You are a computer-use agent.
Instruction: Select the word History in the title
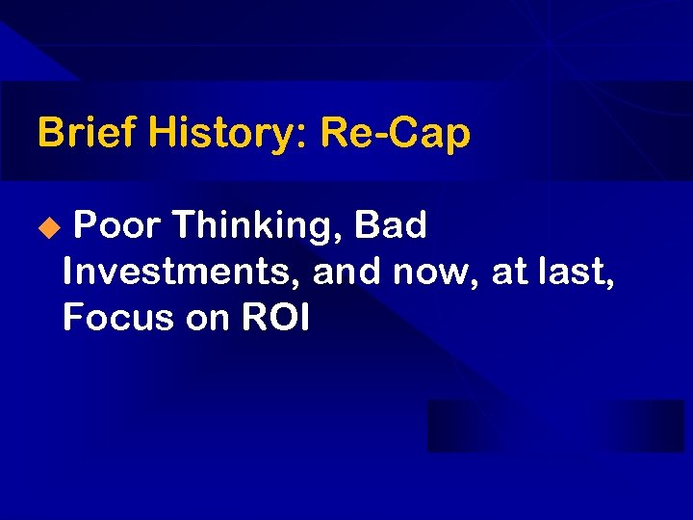tap(224, 132)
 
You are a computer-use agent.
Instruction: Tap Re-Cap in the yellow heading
tap(396, 134)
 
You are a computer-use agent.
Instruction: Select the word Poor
tap(116, 225)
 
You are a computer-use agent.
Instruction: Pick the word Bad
tap(391, 225)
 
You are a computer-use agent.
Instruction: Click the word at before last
tap(507, 273)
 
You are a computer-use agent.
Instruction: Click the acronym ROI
tap(275, 318)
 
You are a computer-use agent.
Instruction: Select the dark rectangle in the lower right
tap(555, 426)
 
